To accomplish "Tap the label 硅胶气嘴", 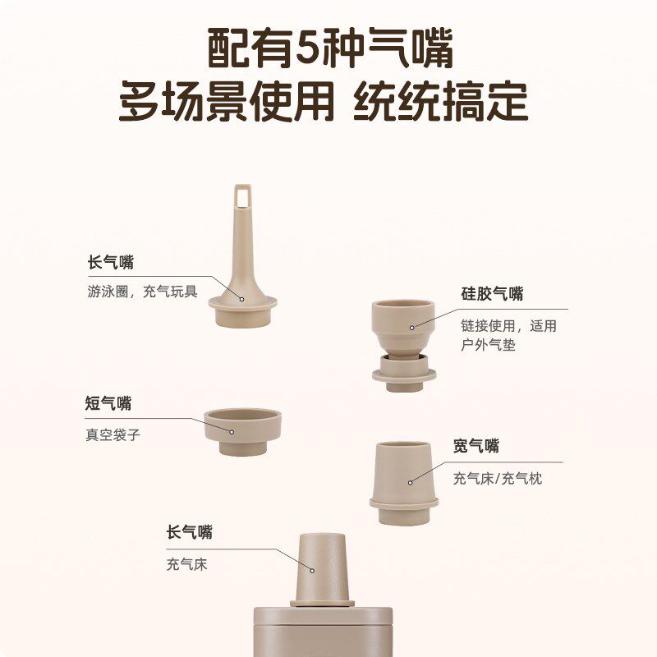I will click(492, 293).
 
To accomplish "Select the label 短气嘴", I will click(108, 403).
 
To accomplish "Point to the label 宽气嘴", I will click(476, 446).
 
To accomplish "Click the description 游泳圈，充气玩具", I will click(142, 291).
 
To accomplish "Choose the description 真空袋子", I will click(113, 434).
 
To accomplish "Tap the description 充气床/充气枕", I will click(498, 478).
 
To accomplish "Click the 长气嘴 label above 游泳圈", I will click(111, 262).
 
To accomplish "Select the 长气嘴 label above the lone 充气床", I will click(189, 532).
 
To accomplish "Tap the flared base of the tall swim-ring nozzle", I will click(242, 308).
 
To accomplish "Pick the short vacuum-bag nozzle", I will click(243, 432).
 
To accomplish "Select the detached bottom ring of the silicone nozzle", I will click(403, 377).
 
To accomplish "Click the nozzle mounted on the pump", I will click(322, 567).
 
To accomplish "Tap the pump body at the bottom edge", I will click(320, 632).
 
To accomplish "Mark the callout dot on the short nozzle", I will click(232, 430).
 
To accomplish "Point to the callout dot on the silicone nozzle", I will click(412, 328).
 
